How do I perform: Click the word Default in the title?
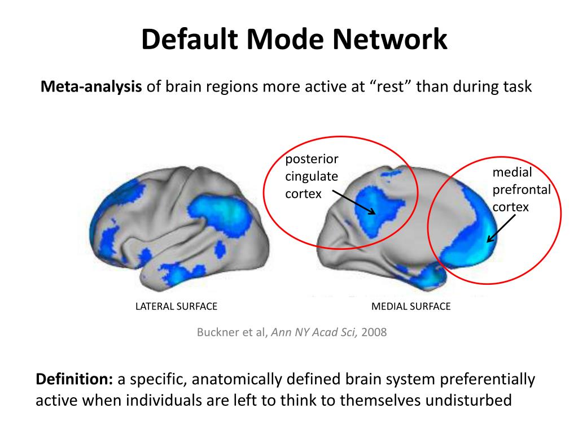[x=189, y=41]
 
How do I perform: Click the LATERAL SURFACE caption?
[x=176, y=306]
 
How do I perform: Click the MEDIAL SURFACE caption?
[x=411, y=306]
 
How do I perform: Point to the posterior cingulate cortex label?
[x=311, y=176]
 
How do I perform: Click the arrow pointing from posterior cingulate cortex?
[x=354, y=202]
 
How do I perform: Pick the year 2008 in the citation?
[x=374, y=332]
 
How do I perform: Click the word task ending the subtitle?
[x=518, y=88]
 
